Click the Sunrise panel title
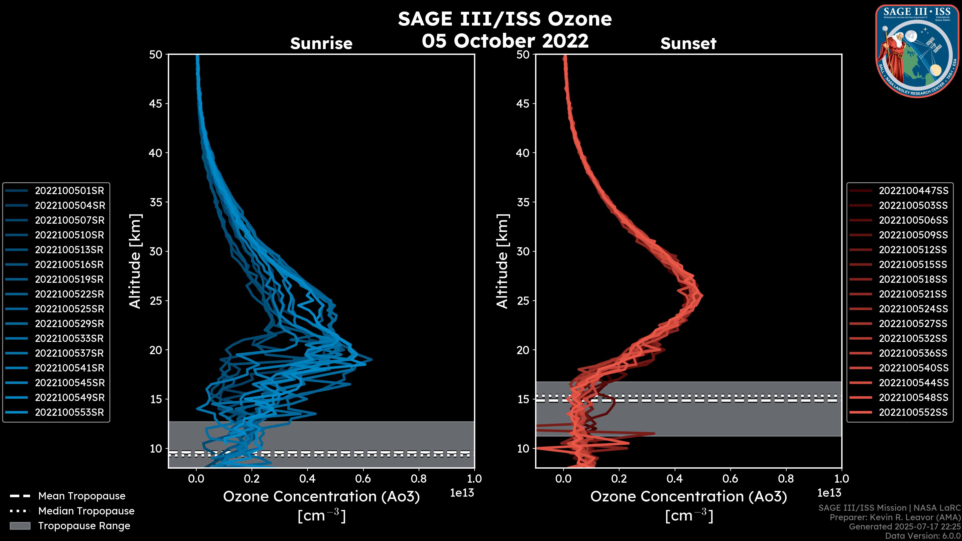tap(321, 44)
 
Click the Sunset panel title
tap(688, 44)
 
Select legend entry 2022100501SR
tap(69, 191)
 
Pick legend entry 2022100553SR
tap(69, 413)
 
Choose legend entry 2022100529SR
tap(69, 324)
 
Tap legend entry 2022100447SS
tap(913, 191)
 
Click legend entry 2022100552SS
tap(913, 413)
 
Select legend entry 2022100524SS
tap(913, 309)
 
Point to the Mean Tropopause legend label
tap(82, 496)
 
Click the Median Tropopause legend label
tap(86, 511)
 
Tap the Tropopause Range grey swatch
tap(20, 526)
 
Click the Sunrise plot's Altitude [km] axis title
tap(135, 261)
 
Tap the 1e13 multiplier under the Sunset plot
tap(829, 493)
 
